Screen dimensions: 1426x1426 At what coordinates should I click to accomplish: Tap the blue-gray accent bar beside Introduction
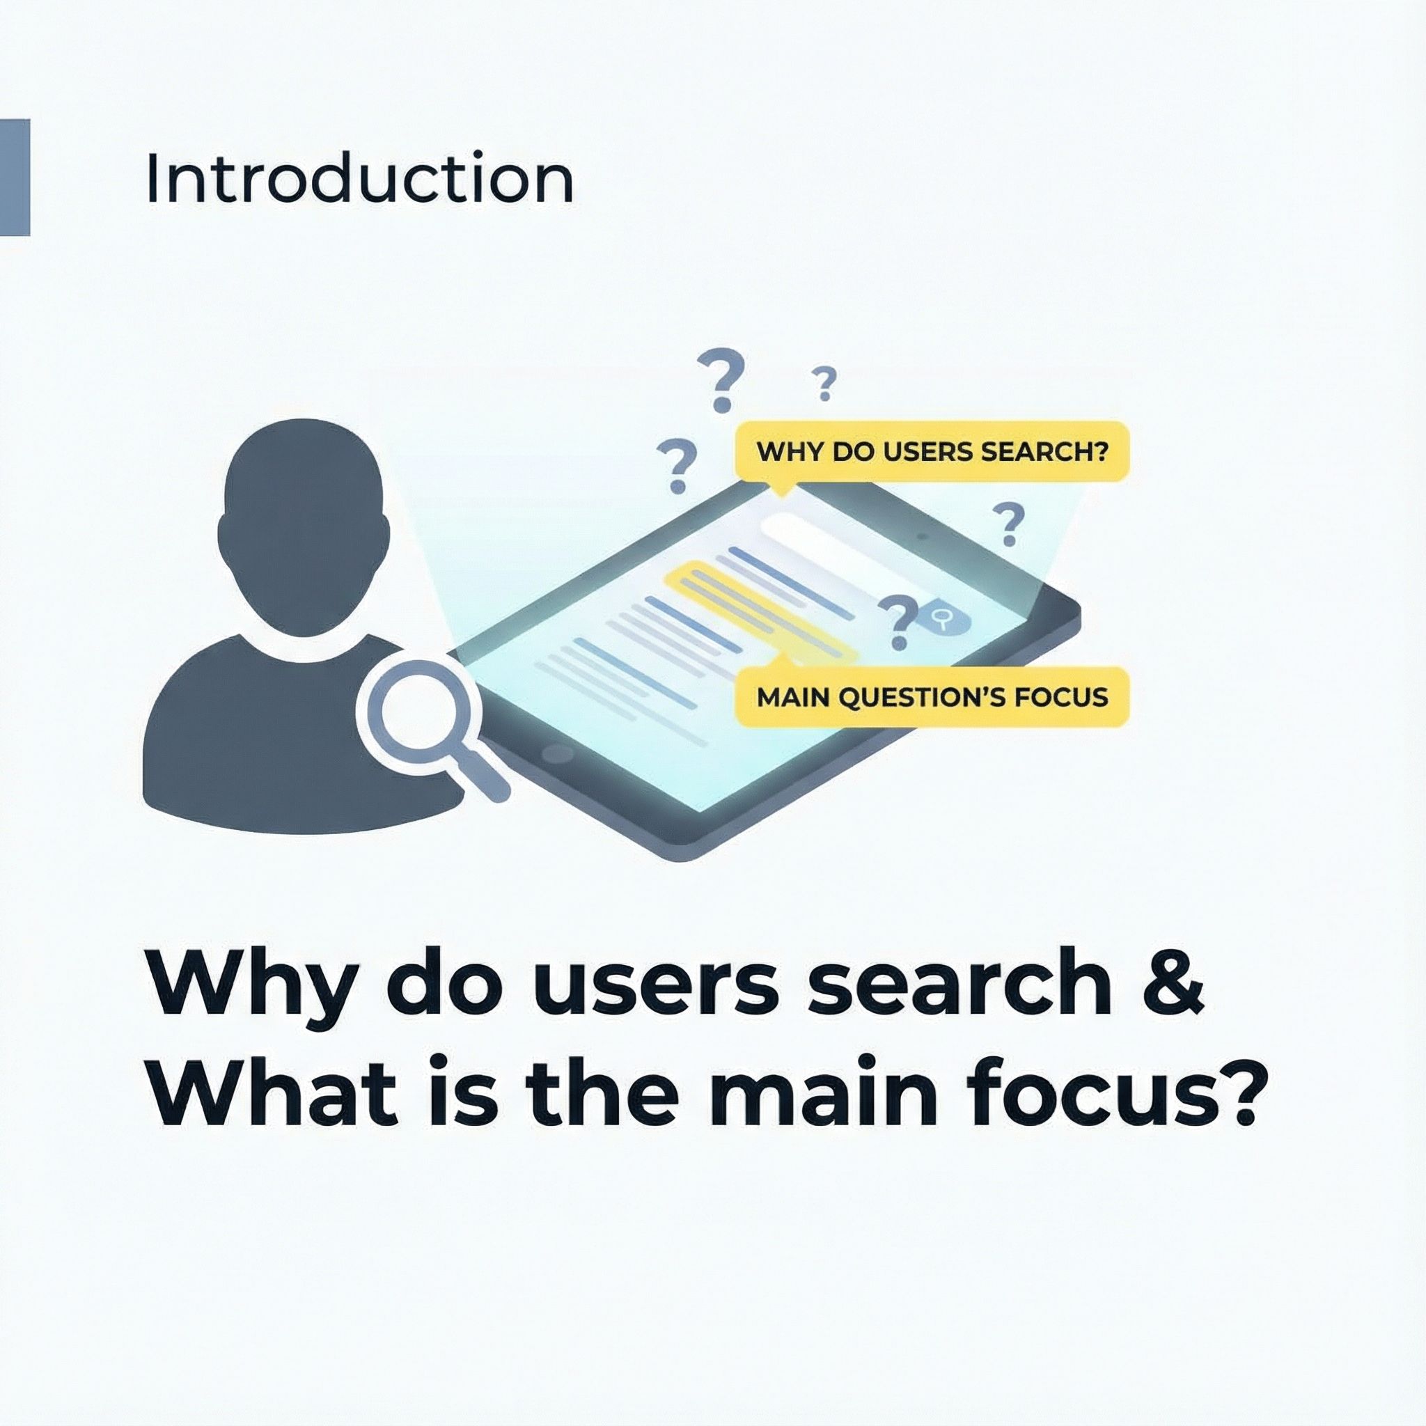15,177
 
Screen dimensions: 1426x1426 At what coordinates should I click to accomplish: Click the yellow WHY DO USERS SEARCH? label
932,452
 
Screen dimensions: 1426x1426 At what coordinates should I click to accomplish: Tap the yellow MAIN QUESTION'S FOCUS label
932,697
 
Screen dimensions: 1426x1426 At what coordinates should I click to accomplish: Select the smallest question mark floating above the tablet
824,384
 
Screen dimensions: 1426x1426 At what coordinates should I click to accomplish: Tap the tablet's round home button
558,753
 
